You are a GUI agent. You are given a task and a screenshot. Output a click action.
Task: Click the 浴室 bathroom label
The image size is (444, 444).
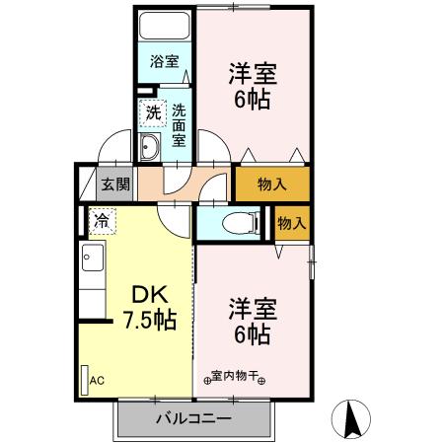coord(164,61)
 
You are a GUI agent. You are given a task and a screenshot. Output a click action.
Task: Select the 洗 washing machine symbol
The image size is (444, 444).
coord(153,112)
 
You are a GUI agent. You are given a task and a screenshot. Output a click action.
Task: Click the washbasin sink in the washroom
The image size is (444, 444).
coord(150,149)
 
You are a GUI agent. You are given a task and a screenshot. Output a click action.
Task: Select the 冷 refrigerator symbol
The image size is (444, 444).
coord(103,220)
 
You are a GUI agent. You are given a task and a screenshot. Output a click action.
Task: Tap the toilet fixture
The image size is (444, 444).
coord(231,223)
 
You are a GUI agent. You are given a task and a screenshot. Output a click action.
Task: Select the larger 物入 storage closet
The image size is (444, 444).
coord(270,184)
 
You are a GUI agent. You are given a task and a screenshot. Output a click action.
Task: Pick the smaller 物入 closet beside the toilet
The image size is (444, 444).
coord(290,223)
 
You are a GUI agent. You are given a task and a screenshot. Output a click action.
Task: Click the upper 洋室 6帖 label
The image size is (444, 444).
coord(252,87)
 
